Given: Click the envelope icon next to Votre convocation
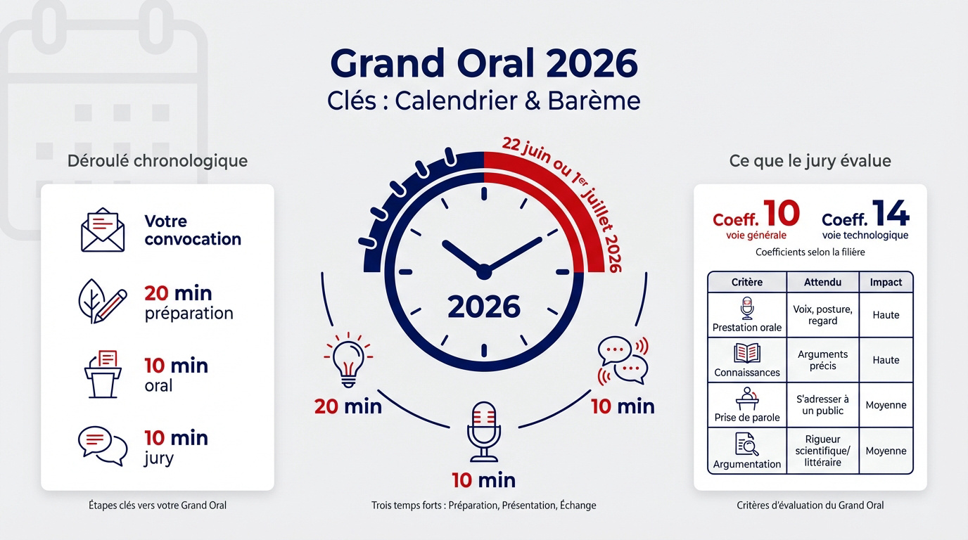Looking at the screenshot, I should [x=103, y=230].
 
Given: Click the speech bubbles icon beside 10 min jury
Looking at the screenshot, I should [x=102, y=446].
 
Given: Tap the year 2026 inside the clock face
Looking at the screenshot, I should [x=484, y=307].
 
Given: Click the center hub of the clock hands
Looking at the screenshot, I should [x=483, y=271].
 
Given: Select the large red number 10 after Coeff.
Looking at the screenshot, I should [x=781, y=214].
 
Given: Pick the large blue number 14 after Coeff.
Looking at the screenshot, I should [x=890, y=214].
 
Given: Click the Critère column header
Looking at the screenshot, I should [x=746, y=282].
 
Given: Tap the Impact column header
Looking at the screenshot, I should [x=886, y=282].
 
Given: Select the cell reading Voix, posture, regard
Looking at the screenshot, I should [x=822, y=315].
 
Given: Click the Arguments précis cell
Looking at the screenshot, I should [x=822, y=360].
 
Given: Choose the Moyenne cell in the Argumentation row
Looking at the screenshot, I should [x=886, y=451].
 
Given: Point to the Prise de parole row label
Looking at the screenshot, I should [x=746, y=417].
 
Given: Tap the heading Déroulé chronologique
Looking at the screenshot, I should [x=158, y=160].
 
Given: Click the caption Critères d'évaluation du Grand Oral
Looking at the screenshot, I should [x=810, y=505].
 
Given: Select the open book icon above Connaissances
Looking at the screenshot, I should [x=746, y=353].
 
